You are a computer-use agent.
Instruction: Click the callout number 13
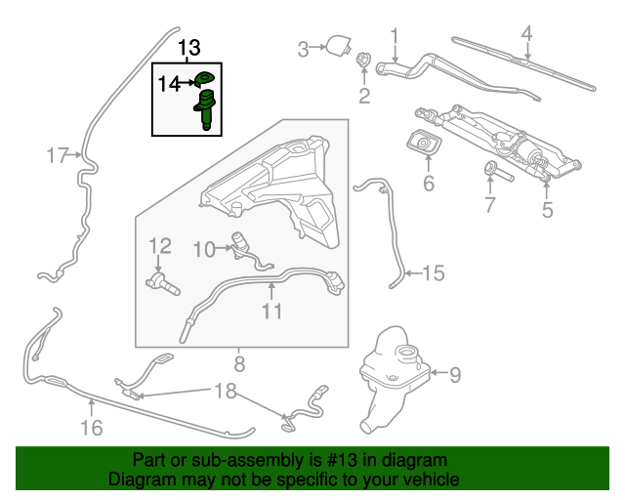pos(188,48)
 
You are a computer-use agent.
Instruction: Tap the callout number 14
pos(169,84)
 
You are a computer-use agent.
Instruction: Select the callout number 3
pos(303,48)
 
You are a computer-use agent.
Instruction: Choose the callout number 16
pos(91,427)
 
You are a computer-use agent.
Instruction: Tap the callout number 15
pos(433,274)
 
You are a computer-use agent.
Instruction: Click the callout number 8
pos(238,367)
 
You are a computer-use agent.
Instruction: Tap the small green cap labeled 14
pos(203,79)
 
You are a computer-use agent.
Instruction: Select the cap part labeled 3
pos(338,45)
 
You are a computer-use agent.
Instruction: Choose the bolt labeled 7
pos(495,175)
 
